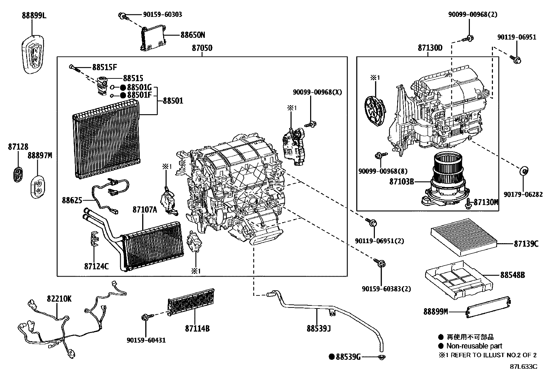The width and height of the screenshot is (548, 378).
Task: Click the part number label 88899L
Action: (34, 15)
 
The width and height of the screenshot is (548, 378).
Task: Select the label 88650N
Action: (192, 35)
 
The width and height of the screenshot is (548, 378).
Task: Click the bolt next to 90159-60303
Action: (123, 15)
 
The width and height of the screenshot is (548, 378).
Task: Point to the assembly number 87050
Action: (202, 48)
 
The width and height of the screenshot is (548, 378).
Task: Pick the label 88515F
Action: (104, 67)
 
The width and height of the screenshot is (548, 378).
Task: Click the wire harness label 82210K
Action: (59, 299)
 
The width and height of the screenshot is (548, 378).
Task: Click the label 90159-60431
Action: (146, 340)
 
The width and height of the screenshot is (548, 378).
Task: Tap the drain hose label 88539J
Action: (319, 328)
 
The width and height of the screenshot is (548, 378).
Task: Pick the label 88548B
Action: (513, 275)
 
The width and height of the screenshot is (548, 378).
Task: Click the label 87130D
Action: (430, 48)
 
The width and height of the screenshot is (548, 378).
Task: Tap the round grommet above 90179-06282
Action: (524, 171)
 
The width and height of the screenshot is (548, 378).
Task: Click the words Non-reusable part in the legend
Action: (474, 346)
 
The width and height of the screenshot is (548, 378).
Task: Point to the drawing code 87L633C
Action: (523, 366)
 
